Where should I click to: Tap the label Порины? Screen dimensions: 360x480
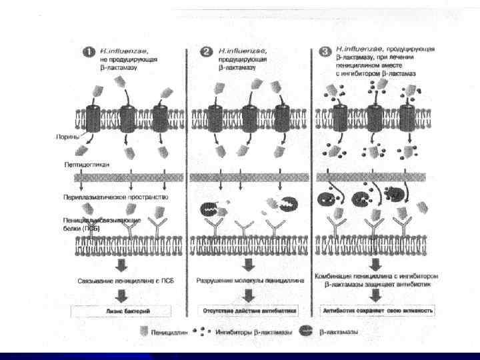pos(67,137)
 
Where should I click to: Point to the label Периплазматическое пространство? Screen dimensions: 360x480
pos(117,197)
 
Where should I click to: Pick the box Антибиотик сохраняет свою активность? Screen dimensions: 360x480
pos(378,311)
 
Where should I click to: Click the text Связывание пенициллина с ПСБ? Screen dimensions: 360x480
pos(120,281)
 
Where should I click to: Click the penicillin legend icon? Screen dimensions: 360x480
pos(145,329)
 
